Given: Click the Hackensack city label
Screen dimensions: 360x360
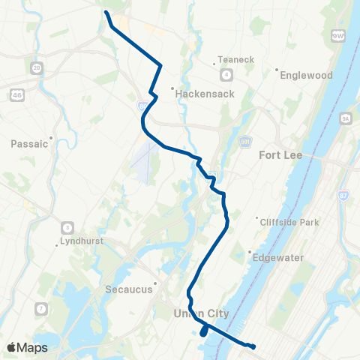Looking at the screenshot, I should (205, 94).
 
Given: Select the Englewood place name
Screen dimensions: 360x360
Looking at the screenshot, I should (305, 75).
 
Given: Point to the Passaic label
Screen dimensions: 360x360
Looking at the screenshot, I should (30, 143).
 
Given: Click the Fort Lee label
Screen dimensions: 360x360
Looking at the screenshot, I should (280, 156).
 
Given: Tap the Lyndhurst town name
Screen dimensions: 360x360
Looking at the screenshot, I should (81, 241).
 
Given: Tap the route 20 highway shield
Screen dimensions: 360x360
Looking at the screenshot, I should (37, 68).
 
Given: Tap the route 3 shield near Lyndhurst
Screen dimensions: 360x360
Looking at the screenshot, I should (68, 227).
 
